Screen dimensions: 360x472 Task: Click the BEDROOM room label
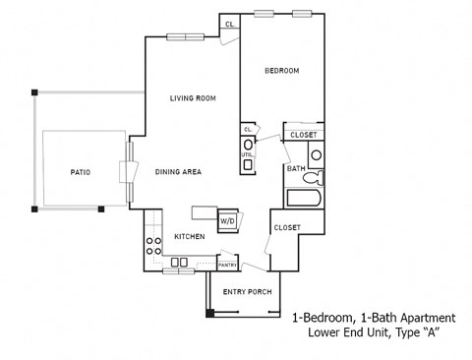280,71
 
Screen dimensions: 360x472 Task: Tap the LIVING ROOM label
192,98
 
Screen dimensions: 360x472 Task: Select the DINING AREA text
178,172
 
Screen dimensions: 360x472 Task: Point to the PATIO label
81,172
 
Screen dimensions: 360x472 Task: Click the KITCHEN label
189,237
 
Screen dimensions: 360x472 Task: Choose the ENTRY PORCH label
247,291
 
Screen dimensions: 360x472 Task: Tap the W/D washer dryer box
227,221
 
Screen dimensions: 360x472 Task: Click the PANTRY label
227,265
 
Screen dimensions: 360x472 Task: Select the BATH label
295,168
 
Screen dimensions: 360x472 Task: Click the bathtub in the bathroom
305,197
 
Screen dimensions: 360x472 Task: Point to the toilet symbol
314,177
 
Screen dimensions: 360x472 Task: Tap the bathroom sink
316,154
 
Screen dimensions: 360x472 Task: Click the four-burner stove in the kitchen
153,246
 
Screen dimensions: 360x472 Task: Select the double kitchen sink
179,262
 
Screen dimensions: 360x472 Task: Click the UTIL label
247,154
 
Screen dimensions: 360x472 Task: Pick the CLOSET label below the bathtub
287,227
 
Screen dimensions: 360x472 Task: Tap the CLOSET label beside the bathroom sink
303,135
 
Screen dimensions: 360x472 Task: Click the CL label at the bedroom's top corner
229,24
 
